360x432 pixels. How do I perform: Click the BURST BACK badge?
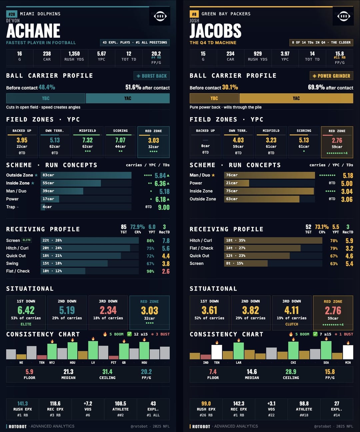coord(152,76)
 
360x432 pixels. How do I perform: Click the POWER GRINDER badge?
coord(331,76)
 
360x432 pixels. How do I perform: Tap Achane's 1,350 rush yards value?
coord(74,54)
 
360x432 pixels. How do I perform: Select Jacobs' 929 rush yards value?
coord(258,54)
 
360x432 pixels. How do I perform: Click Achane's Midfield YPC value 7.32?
coord(87,140)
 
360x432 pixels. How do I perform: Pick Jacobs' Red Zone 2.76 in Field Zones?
coord(337,140)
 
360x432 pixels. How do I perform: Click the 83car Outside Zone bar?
coord(86,175)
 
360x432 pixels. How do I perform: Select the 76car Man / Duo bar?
coord(269,175)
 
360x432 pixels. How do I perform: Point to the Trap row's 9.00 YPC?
coord(164,207)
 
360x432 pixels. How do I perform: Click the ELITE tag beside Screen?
coord(27,240)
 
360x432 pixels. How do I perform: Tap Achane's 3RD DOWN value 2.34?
coord(108,310)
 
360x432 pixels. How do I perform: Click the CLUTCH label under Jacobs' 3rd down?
coord(292,324)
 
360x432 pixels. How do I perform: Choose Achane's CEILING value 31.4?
coord(107,372)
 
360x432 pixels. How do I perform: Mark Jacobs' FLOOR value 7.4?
coord(213,372)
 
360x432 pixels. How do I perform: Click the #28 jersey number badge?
coord(12,14)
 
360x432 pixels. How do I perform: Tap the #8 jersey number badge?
coord(194,14)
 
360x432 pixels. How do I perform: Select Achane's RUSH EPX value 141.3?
coord(23,404)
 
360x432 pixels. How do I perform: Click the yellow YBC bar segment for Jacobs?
coord(214,98)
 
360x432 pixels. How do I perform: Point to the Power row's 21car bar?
coord(236,183)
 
